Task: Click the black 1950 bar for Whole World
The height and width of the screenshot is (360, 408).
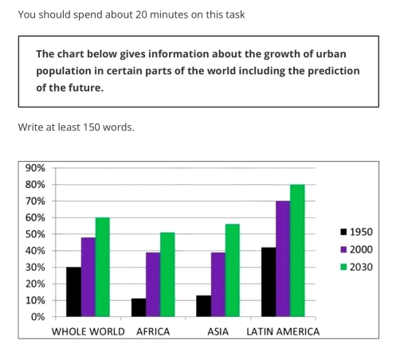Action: coord(73,292)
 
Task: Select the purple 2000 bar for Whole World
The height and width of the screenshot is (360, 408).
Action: coord(88,277)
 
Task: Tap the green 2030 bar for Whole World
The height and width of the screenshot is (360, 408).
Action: coord(102,267)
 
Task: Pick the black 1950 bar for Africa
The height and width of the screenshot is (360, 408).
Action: coord(139,307)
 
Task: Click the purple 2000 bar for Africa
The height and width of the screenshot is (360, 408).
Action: coord(152,284)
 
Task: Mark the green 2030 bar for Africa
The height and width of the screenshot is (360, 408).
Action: coord(167,275)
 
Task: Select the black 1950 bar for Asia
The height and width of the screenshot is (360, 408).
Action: coord(203,306)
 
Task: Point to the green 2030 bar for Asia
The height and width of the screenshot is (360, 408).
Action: coord(232,270)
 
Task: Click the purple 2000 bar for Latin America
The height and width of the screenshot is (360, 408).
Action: coord(282,259)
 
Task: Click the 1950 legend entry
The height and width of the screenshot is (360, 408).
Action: coord(355,233)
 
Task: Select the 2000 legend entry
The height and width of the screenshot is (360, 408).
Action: coord(355,249)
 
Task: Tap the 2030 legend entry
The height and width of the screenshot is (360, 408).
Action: coord(355,267)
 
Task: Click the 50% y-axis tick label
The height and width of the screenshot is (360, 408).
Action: coord(35,234)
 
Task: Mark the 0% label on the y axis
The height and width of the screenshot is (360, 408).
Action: coord(37,317)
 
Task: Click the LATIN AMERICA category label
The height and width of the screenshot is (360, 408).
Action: coord(283,331)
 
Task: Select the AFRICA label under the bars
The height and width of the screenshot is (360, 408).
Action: coord(153,331)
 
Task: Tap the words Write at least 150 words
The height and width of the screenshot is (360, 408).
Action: coord(76,127)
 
